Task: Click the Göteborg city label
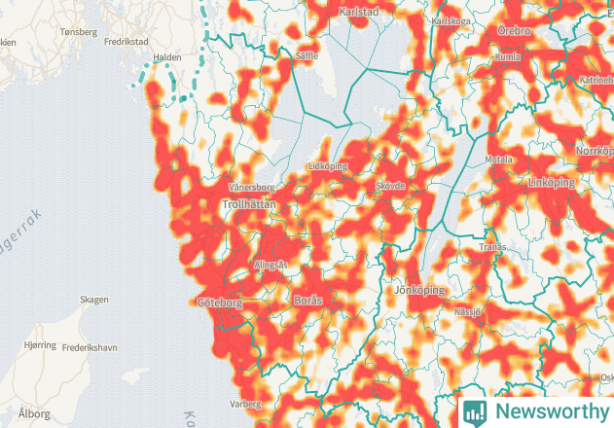click(x=219, y=303)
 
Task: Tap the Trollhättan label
click(x=249, y=205)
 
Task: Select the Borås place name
click(x=307, y=301)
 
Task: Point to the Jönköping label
click(x=420, y=290)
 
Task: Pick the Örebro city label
click(x=514, y=32)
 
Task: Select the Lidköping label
click(x=327, y=166)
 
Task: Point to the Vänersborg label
click(x=251, y=186)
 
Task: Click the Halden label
click(x=168, y=57)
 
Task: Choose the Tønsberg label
click(x=79, y=31)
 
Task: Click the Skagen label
click(x=94, y=300)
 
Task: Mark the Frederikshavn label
click(x=90, y=346)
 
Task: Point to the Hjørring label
click(x=40, y=345)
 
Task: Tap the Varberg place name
click(x=246, y=403)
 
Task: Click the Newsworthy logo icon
click(x=475, y=411)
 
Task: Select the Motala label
click(x=498, y=159)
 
